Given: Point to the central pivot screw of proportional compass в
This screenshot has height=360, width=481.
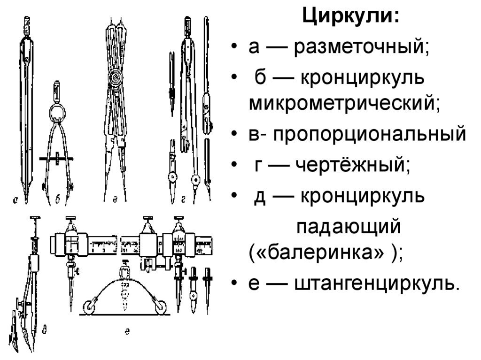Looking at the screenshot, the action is tap(115, 77).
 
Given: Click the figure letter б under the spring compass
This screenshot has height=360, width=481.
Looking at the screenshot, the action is tap(57, 200).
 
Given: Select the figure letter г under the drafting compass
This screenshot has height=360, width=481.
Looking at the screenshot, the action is tap(184, 200).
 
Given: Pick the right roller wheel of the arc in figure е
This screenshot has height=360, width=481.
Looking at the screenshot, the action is tap(161, 306).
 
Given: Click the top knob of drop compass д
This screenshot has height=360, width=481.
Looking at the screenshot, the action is tap(34, 219).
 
